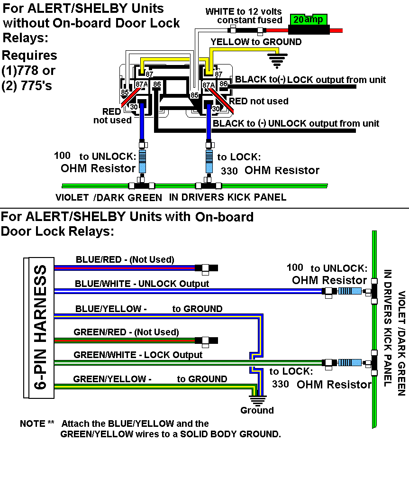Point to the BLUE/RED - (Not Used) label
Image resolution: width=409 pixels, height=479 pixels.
pyautogui.click(x=125, y=259)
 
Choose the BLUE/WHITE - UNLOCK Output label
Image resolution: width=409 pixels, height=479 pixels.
pyautogui.click(x=142, y=284)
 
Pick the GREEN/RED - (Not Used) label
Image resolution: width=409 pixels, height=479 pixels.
pyautogui.click(x=126, y=332)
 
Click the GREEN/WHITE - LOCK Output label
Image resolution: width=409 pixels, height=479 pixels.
pyautogui.click(x=138, y=355)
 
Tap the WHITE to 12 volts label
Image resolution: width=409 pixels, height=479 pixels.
pyautogui.click(x=244, y=11)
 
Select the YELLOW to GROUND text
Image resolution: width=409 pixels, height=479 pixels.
pyautogui.click(x=256, y=42)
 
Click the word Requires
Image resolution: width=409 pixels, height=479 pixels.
pyautogui.click(x=29, y=55)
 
